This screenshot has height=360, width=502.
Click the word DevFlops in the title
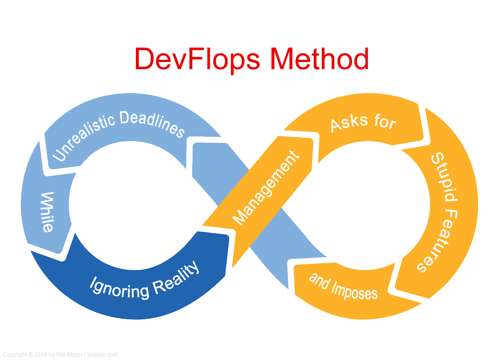pyautogui.click(x=197, y=60)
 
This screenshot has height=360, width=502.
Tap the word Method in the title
pyautogui.click(x=319, y=58)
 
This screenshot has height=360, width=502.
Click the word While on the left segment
pyautogui.click(x=47, y=212)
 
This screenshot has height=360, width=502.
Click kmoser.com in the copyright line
pyautogui.click(x=102, y=354)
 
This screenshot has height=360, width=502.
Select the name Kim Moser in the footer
pyautogui.click(x=69, y=354)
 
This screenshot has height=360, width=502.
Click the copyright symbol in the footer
pyautogui.click(x=30, y=354)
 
